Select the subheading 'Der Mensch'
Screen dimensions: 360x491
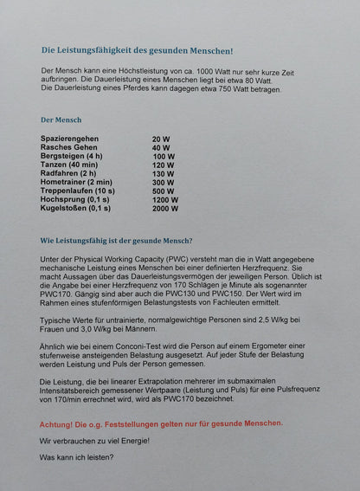coord(61,120)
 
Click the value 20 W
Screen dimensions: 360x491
coord(161,139)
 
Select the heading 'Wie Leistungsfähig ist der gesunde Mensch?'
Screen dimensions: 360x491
coord(117,241)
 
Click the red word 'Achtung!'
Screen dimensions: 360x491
coord(59,423)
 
